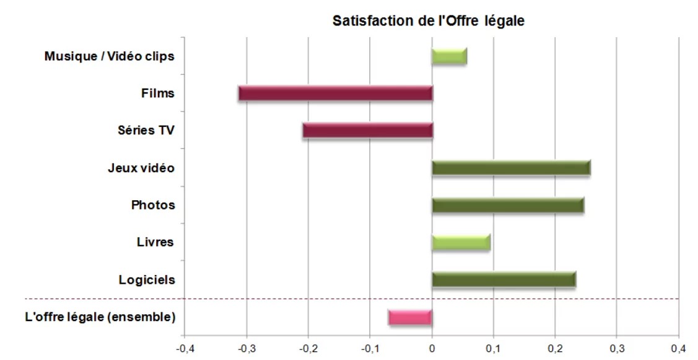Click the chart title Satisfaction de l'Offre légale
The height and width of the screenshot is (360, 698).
(x=428, y=20)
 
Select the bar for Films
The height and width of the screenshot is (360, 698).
(x=335, y=94)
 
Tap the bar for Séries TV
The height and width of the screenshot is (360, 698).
(x=367, y=131)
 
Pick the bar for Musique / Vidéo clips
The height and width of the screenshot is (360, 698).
(x=449, y=56)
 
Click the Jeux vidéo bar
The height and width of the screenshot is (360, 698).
(x=511, y=168)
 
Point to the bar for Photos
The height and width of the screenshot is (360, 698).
(x=508, y=205)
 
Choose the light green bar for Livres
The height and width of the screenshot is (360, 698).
(x=461, y=242)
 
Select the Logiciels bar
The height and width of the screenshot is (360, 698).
(x=504, y=279)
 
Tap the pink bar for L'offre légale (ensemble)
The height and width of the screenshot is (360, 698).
(x=410, y=317)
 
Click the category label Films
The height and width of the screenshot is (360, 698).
(x=158, y=94)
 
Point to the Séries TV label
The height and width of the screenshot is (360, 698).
(x=146, y=131)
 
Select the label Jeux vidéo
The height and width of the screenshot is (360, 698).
(x=141, y=168)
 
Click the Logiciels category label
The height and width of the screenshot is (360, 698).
(x=147, y=280)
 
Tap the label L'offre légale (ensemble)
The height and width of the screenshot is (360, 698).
(x=100, y=317)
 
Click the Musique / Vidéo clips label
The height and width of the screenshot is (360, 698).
(x=109, y=56)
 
